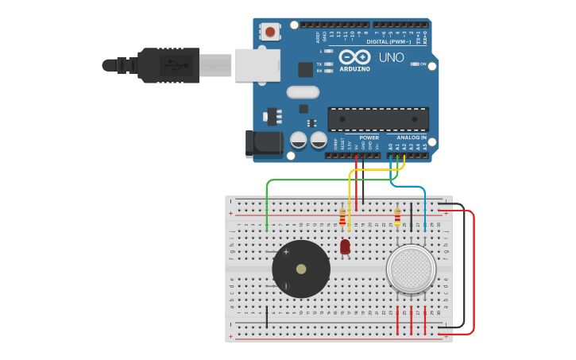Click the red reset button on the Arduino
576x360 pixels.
point(271,32)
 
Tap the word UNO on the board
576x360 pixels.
point(390,58)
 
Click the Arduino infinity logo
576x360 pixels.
point(354,57)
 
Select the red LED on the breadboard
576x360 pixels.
point(345,247)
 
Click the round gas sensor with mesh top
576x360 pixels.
point(411,268)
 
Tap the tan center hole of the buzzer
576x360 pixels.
point(301,269)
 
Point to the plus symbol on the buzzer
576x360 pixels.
point(286,252)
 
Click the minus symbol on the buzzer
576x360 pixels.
point(286,286)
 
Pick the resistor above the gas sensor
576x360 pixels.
point(397,217)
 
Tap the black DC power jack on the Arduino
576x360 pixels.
point(264,144)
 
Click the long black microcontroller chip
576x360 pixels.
point(378,119)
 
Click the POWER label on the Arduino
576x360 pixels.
point(368,137)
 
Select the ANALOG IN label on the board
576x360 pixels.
point(412,137)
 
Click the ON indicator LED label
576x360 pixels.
point(423,64)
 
